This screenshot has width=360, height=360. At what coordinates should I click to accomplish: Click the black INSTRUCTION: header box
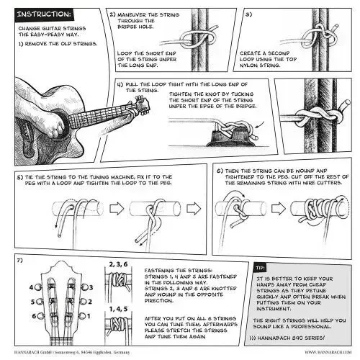tap(44, 14)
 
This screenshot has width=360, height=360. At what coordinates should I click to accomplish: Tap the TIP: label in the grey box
tap(260, 268)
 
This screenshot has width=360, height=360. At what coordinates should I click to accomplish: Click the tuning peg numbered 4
tap(38, 287)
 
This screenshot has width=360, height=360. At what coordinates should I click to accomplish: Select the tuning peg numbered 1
tap(83, 316)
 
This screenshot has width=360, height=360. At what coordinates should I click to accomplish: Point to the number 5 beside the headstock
tap(32, 302)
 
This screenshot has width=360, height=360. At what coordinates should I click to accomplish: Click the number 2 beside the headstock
tap(90, 302)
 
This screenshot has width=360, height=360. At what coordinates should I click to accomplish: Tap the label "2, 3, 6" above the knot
tap(118, 264)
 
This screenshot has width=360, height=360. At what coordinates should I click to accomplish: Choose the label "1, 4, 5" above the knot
tap(118, 309)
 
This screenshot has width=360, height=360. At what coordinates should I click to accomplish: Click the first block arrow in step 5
tap(117, 208)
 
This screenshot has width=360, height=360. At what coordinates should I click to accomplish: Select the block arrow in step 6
tap(279, 208)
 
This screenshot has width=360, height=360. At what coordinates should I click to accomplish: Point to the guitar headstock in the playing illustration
tap(142, 105)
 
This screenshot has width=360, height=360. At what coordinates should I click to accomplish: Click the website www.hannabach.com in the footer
tap(328, 352)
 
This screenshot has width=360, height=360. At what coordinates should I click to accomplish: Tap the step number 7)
tap(19, 260)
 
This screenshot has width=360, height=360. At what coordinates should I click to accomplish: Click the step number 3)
tap(248, 14)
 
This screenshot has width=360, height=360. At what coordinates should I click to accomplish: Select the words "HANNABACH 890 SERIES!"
tap(291, 338)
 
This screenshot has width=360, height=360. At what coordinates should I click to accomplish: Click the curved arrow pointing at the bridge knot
tap(260, 125)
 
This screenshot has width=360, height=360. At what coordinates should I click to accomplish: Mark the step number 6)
tap(220, 171)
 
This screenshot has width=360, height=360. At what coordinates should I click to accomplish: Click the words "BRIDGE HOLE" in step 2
tap(135, 27)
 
